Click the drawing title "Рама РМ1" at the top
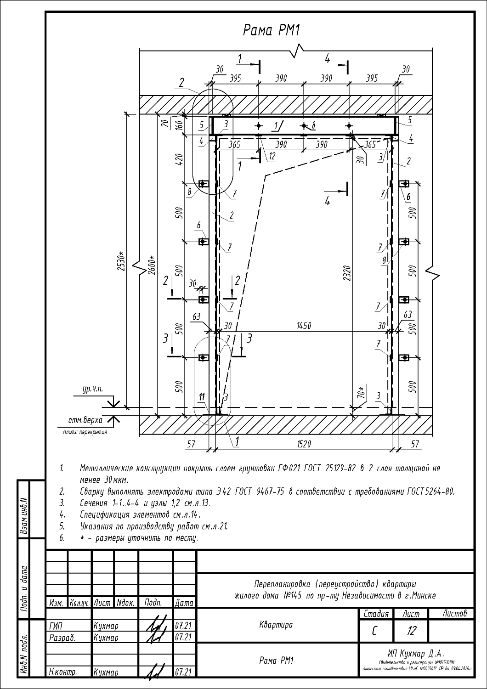(x=271, y=31)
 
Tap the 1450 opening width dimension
(x=304, y=326)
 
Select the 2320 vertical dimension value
(x=346, y=274)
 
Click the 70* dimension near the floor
(x=361, y=393)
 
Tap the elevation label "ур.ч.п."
(x=93, y=390)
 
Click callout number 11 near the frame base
(x=201, y=397)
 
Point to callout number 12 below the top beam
(x=272, y=156)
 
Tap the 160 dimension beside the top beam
(x=180, y=124)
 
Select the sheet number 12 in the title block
(x=411, y=631)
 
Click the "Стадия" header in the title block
(x=376, y=614)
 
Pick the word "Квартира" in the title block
(x=276, y=625)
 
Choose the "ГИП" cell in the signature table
(x=56, y=626)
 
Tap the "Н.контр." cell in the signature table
(x=62, y=672)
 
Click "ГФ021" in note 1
(x=289, y=469)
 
